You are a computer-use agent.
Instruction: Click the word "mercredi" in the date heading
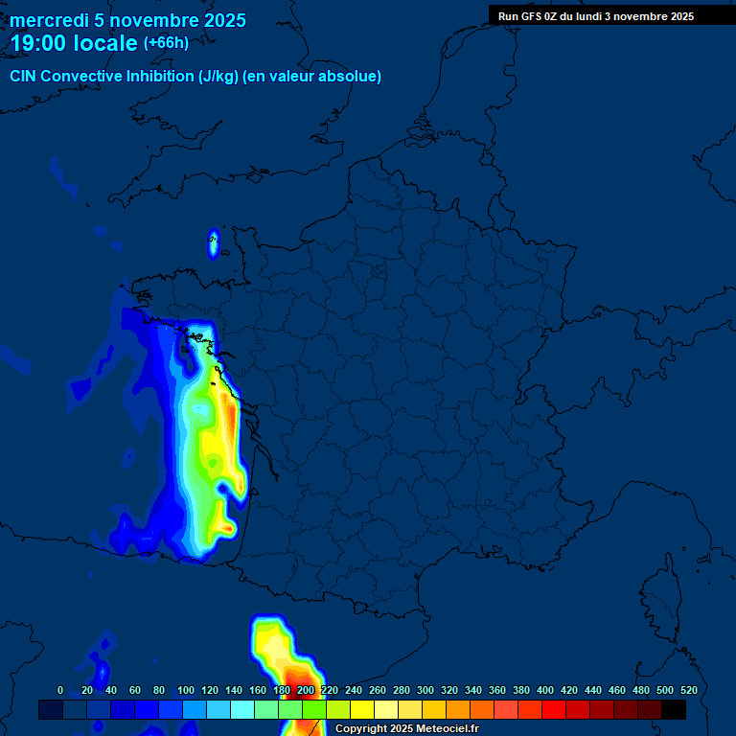[49, 20]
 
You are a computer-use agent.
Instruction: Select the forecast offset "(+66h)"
[167, 43]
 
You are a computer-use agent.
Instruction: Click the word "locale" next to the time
[105, 43]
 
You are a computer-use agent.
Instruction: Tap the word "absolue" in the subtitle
[350, 77]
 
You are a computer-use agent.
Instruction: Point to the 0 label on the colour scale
[60, 690]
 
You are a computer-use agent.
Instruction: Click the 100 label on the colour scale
[186, 690]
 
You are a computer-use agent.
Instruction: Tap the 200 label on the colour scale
[306, 690]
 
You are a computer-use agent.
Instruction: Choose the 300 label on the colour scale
[425, 690]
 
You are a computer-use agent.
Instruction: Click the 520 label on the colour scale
[688, 690]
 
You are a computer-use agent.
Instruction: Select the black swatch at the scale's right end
[674, 710]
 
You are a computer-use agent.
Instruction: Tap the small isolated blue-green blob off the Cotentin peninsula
[213, 242]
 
